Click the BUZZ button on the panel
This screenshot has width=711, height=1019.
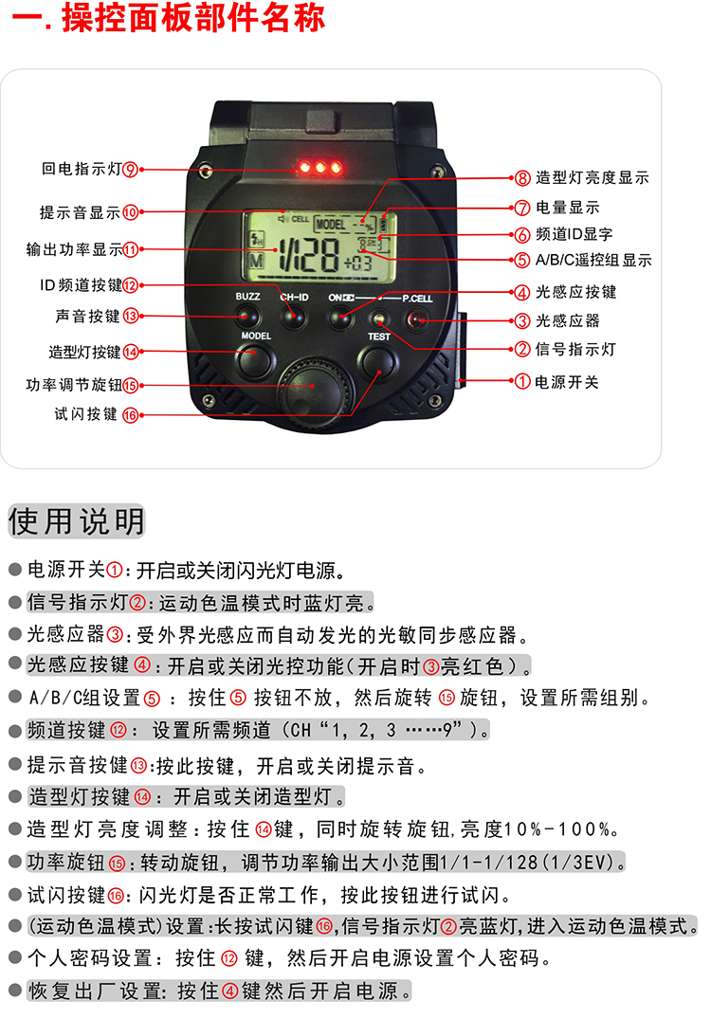[x=247, y=318]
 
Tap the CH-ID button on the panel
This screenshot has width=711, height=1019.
[x=293, y=318]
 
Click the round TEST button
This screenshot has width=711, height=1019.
[x=377, y=361]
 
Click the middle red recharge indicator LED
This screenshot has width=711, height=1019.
[x=320, y=168]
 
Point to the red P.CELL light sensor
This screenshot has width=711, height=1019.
[x=416, y=319]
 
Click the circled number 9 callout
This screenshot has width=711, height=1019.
[x=131, y=170]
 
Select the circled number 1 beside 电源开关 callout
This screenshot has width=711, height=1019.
[x=522, y=381]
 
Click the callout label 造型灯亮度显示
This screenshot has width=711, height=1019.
[x=592, y=177]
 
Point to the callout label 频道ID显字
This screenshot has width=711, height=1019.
[x=574, y=234]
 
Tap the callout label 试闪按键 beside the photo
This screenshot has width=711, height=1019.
[x=85, y=414]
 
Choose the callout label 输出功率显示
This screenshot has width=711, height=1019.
[x=74, y=249]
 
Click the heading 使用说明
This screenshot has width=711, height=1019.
[x=76, y=521]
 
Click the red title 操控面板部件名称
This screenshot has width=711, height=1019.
[x=193, y=17]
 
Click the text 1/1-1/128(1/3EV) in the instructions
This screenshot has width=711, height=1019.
[x=527, y=862]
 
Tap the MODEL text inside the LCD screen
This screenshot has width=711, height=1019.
[x=331, y=225]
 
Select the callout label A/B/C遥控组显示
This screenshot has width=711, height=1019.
[x=593, y=261]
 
